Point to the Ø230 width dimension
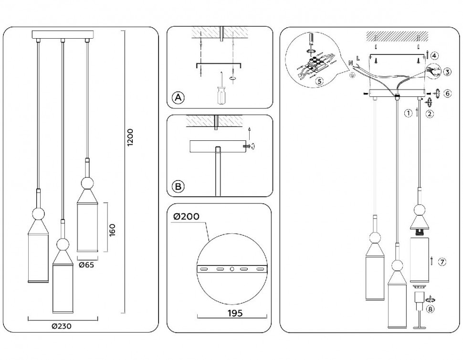pos(63,326)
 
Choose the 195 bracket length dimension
pos(233,313)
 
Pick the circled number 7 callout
pos(442,261)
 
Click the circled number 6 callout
pos(447,94)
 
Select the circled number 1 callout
pos(408,114)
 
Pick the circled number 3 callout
pos(447,72)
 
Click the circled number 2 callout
pos(430,114)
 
